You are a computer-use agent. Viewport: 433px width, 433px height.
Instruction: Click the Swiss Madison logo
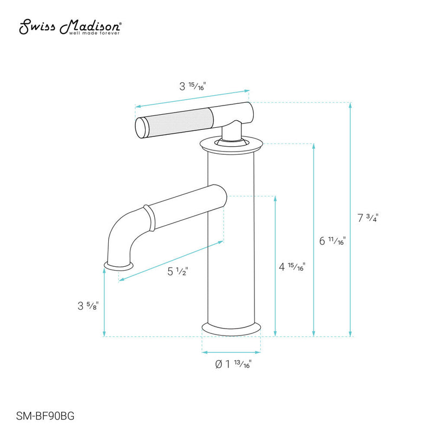pos(70,26)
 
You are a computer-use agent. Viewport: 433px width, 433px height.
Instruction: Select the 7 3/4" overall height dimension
pos(368,219)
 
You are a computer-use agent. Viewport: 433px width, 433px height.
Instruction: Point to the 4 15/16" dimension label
pos(292,267)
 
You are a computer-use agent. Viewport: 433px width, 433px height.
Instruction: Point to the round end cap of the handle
pos(141,128)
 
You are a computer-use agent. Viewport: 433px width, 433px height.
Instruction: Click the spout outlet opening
pos(118,266)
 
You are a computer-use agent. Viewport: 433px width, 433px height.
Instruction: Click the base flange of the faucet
pos(231,328)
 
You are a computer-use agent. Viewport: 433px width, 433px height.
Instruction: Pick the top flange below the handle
pos(231,144)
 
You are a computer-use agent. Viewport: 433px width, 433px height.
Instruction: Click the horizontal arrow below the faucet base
pos(231,352)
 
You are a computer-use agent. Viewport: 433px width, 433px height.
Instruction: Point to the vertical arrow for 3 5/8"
pos(104,301)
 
